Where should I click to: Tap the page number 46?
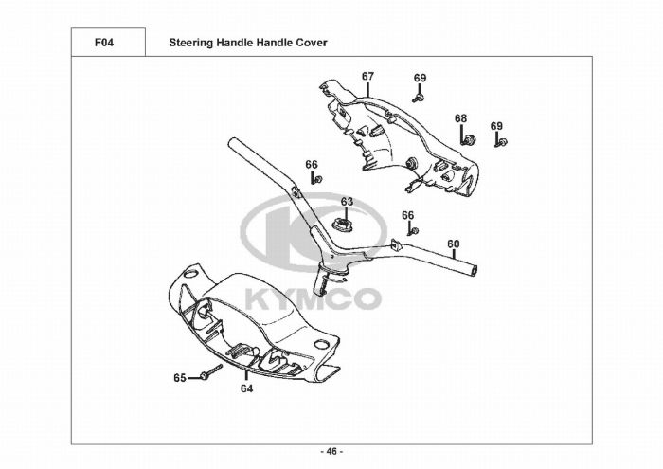(x=331, y=450)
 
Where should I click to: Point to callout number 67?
(x=367, y=77)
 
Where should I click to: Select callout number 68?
(x=460, y=118)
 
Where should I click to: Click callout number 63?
(x=347, y=202)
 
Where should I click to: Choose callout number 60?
(x=454, y=244)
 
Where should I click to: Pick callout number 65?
(x=179, y=378)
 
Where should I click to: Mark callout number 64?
(x=246, y=388)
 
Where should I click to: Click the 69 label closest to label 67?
(x=420, y=78)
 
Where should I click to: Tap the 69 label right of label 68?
(x=496, y=126)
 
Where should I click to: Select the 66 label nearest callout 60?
(x=408, y=216)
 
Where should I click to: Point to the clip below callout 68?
(x=465, y=139)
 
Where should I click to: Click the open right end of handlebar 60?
(x=474, y=273)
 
